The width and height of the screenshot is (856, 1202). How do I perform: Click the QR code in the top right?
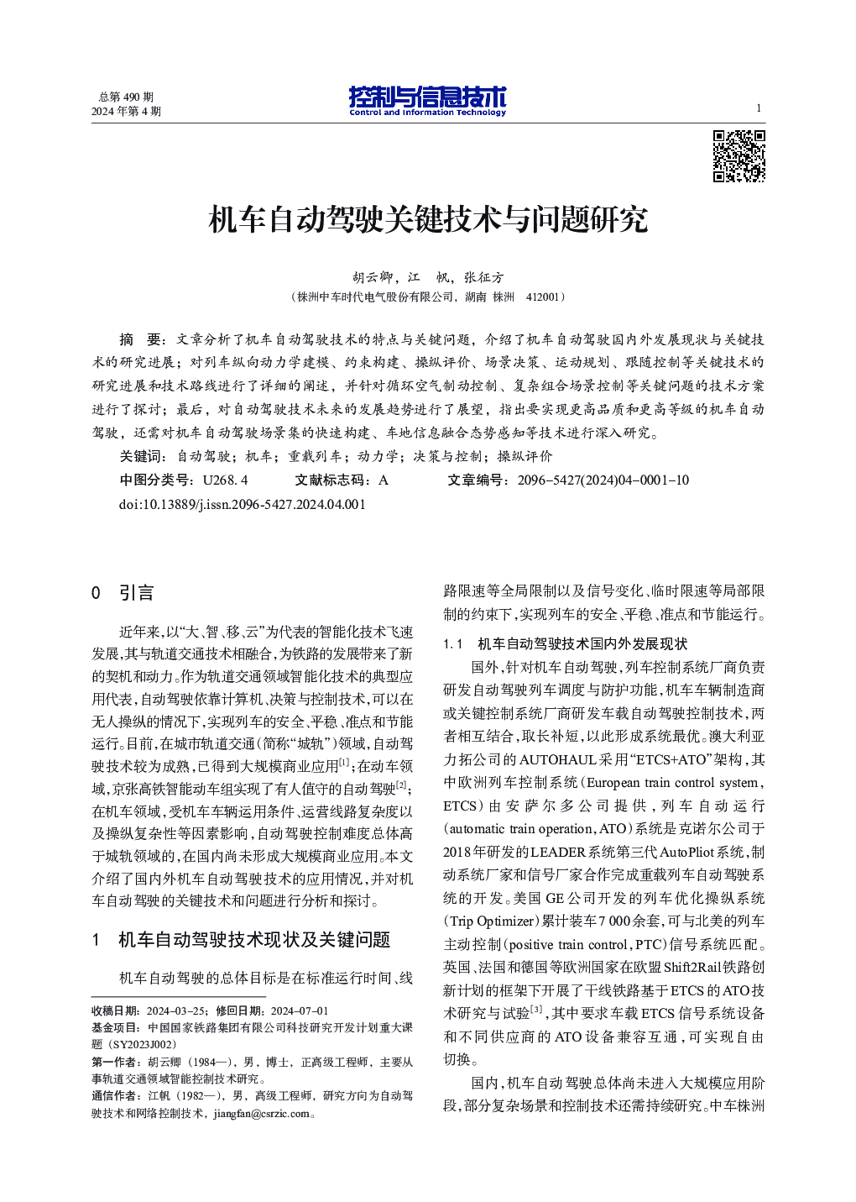pyautogui.click(x=739, y=156)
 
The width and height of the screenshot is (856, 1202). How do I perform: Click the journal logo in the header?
pyautogui.click(x=427, y=101)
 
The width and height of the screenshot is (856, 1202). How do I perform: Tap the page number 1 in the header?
pyautogui.click(x=759, y=108)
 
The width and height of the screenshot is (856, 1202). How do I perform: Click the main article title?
pyautogui.click(x=428, y=220)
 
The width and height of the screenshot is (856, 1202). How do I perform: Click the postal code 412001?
pyautogui.click(x=543, y=297)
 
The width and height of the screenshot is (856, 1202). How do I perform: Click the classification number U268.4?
pyautogui.click(x=225, y=480)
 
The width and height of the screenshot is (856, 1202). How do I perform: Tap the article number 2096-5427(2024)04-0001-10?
pyautogui.click(x=603, y=480)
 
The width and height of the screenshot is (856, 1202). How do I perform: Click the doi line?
pyautogui.click(x=243, y=504)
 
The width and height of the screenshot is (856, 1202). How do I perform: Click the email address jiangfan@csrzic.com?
pyautogui.click(x=261, y=1114)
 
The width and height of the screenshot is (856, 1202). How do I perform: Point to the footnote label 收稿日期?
pyautogui.click(x=116, y=1010)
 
